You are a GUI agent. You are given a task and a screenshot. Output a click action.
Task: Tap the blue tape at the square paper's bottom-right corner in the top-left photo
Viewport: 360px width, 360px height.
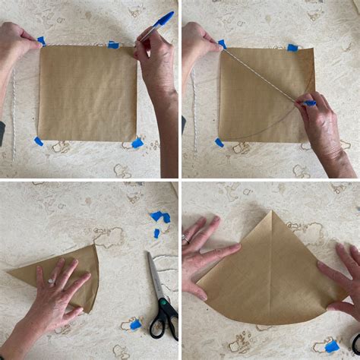(137, 143)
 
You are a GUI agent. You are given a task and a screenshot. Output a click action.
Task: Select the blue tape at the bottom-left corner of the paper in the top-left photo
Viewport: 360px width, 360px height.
(38, 141)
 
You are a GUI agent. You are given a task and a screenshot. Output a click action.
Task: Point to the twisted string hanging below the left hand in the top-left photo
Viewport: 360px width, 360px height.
(13, 106)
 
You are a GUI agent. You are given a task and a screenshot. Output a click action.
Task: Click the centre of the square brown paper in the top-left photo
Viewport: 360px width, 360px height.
(88, 93)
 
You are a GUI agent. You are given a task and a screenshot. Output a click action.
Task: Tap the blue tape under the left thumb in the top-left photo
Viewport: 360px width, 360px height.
(42, 41)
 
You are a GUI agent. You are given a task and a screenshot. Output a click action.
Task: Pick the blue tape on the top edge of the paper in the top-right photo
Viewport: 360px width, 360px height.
(292, 48)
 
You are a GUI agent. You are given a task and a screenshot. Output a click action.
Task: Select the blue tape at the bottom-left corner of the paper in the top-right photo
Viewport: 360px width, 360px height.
(219, 142)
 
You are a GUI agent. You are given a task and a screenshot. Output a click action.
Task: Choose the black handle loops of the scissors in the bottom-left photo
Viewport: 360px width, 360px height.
(163, 319)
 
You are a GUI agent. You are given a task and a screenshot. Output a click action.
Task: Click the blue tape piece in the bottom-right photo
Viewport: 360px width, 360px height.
(332, 346)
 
